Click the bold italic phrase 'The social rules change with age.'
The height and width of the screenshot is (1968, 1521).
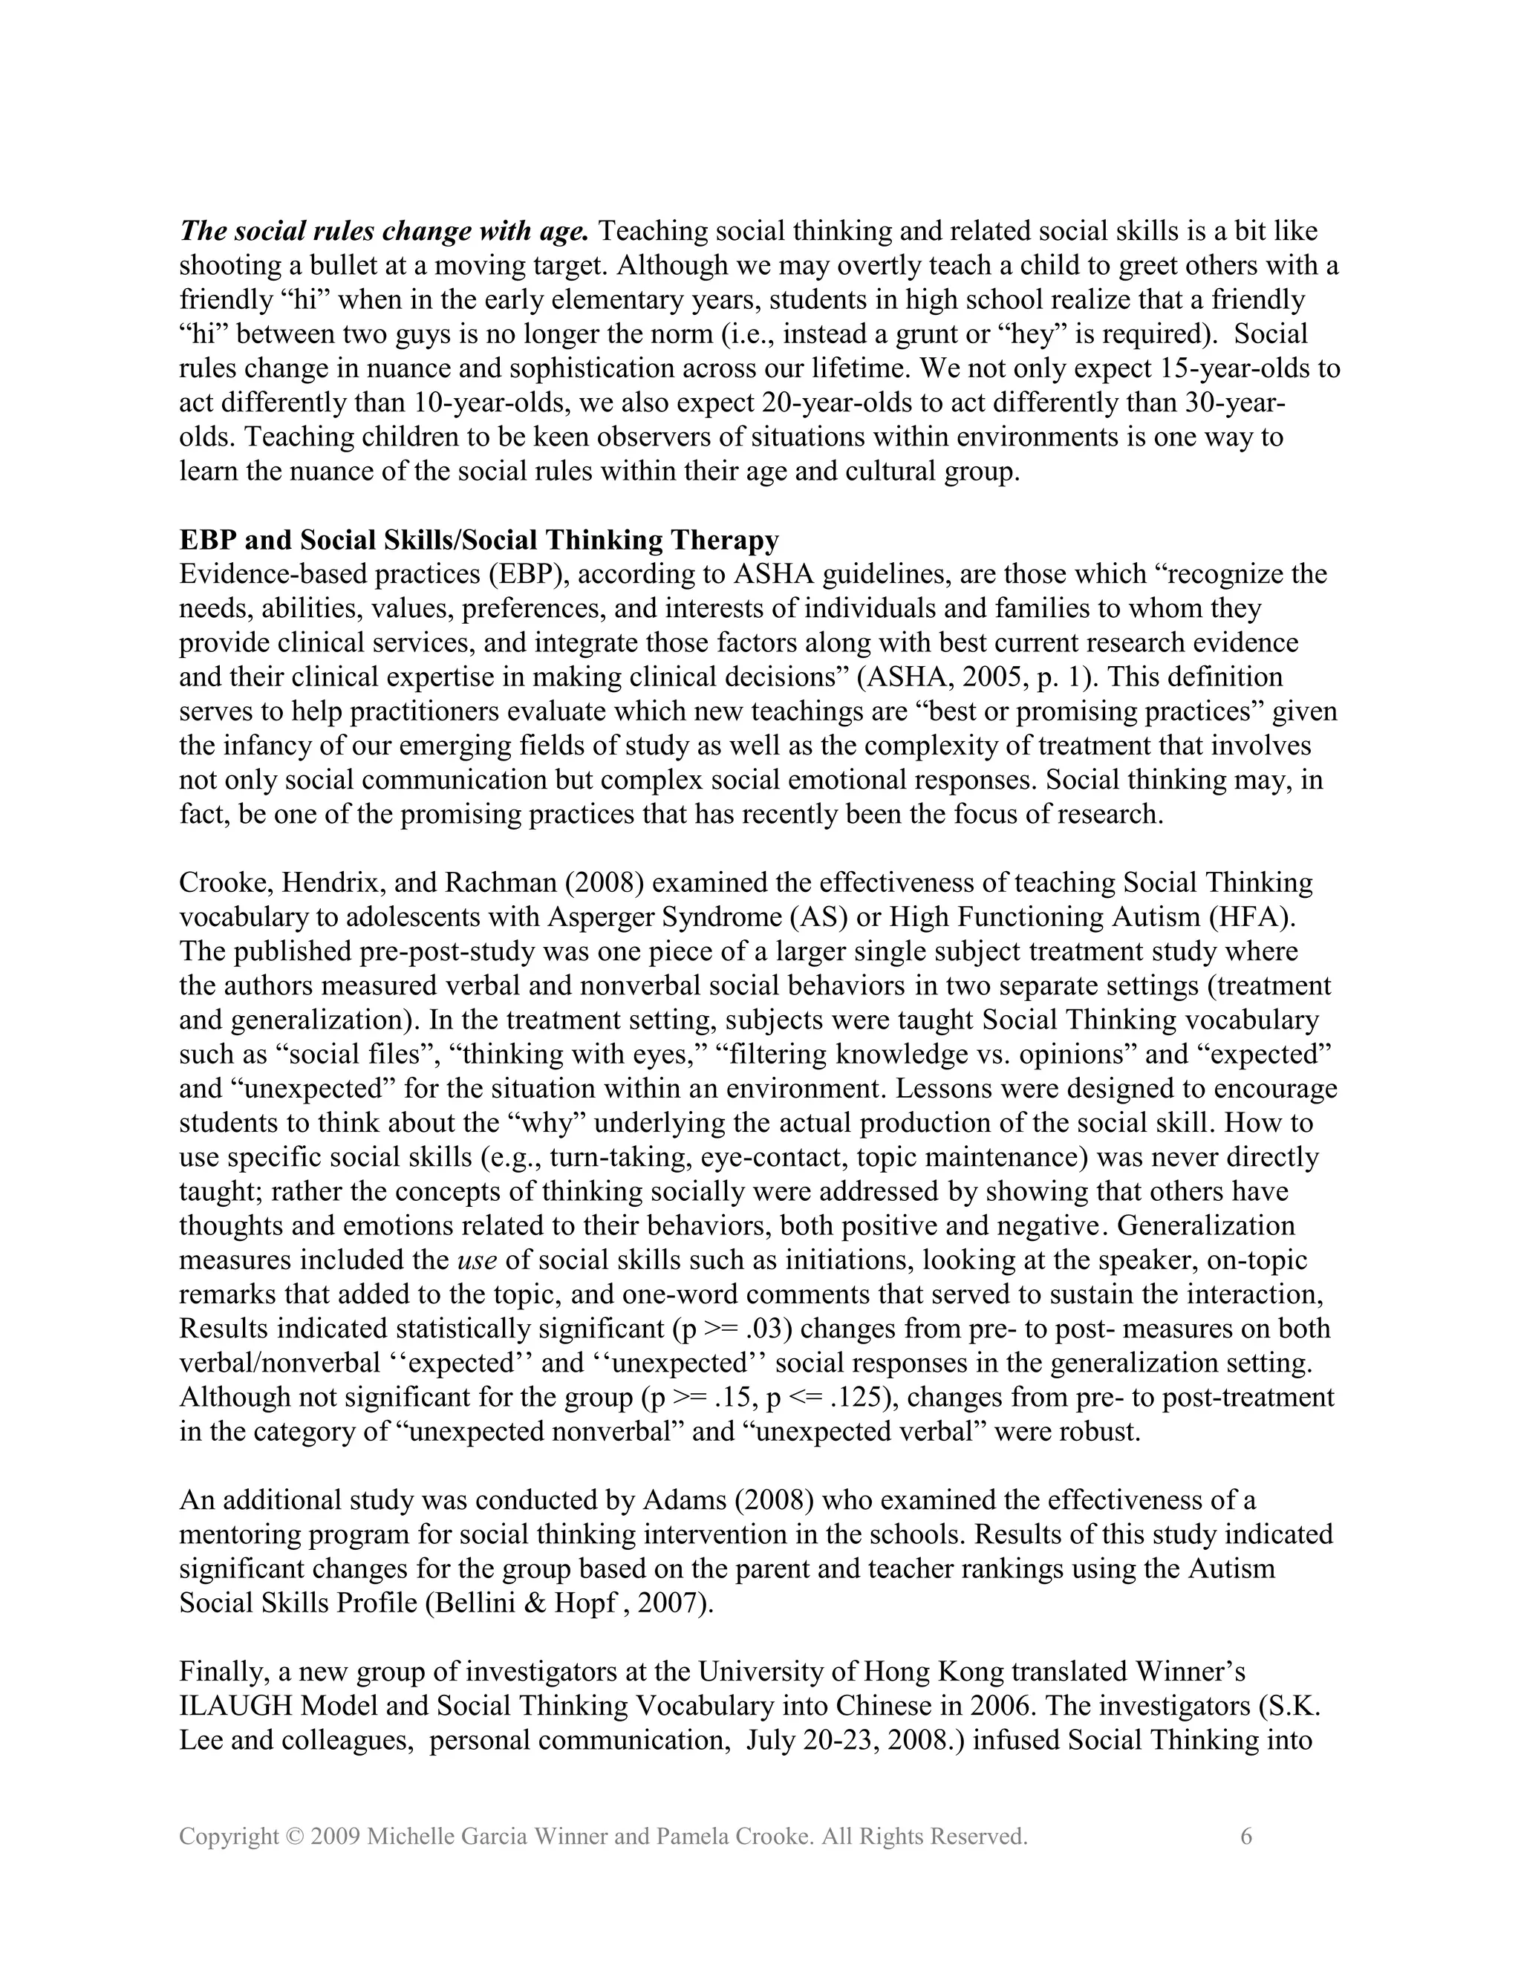[x=384, y=232]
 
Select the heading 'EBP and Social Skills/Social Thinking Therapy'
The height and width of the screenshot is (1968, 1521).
[x=478, y=540]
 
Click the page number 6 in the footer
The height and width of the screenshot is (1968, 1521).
[x=1246, y=1837]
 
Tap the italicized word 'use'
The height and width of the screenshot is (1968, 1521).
[x=477, y=1260]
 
